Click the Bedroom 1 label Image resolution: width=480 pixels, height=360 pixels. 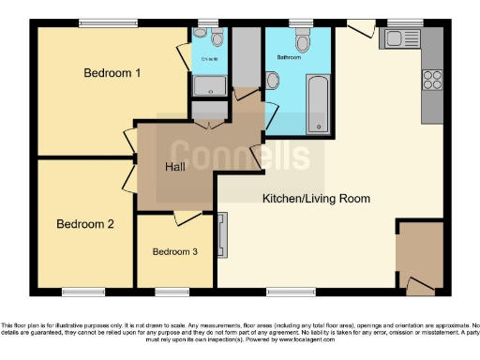click(112, 73)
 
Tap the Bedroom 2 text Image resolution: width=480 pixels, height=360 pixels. click(85, 224)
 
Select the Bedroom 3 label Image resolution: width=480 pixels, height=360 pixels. click(175, 251)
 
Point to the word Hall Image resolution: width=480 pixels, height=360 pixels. click(175, 167)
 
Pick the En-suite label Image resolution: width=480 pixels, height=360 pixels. click(210, 58)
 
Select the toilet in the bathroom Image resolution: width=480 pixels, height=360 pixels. click(302, 41)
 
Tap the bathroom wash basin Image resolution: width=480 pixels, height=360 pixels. click(272, 82)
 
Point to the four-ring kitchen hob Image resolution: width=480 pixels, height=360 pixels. click(433, 80)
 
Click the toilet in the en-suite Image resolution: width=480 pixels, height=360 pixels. click(217, 37)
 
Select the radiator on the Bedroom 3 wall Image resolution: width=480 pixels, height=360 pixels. click(222, 234)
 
